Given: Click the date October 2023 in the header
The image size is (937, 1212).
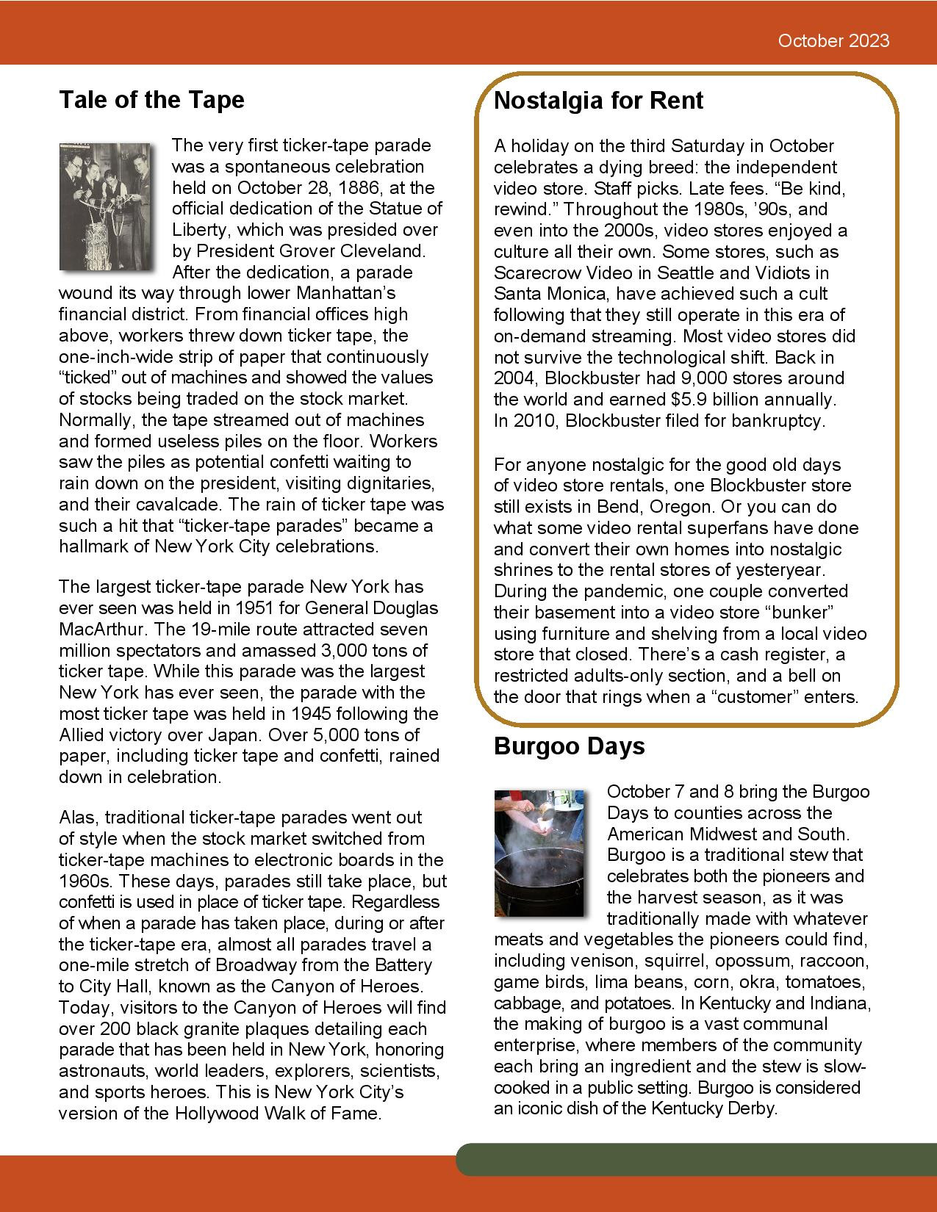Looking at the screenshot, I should click(x=833, y=40).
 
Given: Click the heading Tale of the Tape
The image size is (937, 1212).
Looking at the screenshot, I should click(x=151, y=99).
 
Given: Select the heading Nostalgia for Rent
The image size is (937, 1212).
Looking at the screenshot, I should click(x=598, y=100).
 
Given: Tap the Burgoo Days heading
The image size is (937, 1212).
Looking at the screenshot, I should click(x=569, y=746).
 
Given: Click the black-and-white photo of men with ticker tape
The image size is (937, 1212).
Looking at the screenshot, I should click(x=108, y=206).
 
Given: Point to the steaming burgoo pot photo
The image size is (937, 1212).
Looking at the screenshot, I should click(x=539, y=853).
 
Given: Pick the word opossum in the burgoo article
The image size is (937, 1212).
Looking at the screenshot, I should click(x=755, y=961).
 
